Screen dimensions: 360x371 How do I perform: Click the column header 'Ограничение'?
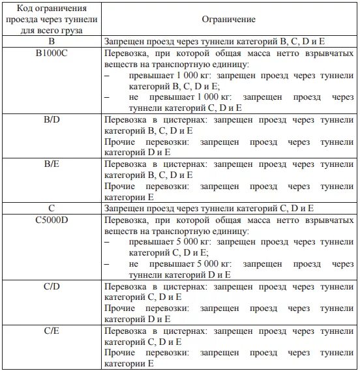tap(230, 20)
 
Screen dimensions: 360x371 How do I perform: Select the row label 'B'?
tap(51, 40)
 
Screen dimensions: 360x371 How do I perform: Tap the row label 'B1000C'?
tap(51, 52)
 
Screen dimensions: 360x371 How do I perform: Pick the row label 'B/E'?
tap(51, 163)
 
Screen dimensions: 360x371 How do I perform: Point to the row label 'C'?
tap(51, 208)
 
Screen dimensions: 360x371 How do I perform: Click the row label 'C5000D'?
tap(51, 220)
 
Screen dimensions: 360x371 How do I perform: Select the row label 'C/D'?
tap(51, 286)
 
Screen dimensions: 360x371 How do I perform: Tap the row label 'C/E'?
tap(51, 331)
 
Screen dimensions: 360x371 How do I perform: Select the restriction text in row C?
tap(209, 208)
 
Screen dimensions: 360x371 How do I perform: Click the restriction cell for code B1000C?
tap(229, 81)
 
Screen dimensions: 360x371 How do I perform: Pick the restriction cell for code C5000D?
tap(229, 248)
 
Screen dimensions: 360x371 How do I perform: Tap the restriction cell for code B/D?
tap(229, 136)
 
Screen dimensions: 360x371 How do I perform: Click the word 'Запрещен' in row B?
tap(124, 40)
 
